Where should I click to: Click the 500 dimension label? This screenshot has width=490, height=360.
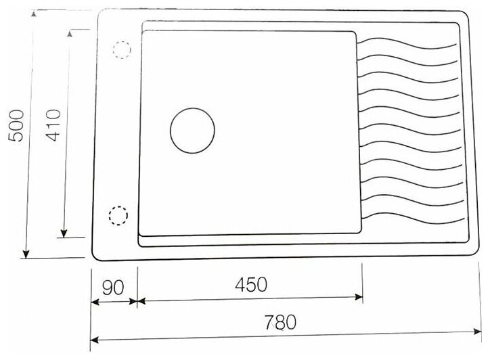coord(16,126)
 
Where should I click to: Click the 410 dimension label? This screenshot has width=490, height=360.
coord(53,125)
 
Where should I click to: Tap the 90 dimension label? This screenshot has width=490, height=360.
coord(113,288)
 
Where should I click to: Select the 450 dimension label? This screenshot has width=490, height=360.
coord(251,285)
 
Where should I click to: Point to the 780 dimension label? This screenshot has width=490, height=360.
coord(280,322)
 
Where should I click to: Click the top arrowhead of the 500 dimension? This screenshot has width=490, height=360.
coord(34,13)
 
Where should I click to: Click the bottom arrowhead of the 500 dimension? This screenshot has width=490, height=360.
coord(26,254)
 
